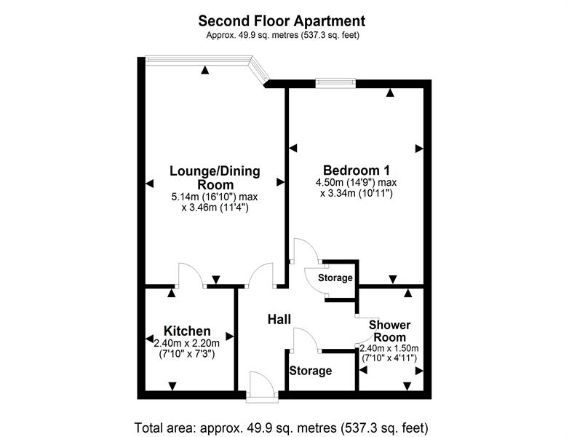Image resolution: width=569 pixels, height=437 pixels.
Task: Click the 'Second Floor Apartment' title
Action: (282, 21)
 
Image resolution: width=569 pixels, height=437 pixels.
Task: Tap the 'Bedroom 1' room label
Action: (357, 170)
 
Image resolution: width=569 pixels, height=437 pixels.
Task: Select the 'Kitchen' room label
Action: (187, 331)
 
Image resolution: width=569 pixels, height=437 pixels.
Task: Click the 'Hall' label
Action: (279, 319)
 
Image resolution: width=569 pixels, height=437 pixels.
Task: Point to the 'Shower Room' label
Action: (390, 331)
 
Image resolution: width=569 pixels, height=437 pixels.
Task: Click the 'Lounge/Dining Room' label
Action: (215, 177)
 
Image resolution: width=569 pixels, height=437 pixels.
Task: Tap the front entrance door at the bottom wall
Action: (262, 387)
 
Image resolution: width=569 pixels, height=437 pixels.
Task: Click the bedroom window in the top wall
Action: (335, 83)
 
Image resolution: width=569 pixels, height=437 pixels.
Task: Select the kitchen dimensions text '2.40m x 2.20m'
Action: (187, 343)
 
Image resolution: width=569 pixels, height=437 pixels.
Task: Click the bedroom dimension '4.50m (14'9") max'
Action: (357, 182)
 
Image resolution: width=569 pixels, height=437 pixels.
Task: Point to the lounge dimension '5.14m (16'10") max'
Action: (215, 197)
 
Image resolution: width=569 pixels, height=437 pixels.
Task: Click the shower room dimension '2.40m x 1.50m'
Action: (389, 348)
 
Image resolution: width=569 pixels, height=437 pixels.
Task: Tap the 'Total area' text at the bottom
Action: (282, 428)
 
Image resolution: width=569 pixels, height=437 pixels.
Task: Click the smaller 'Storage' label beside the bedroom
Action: (335, 278)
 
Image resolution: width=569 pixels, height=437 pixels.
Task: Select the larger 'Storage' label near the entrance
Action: (311, 371)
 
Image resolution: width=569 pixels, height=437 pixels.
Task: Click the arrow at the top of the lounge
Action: (205, 70)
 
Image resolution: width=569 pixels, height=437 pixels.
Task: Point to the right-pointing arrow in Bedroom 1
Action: (419, 148)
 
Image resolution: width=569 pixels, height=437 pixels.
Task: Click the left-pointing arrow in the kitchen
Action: (149, 339)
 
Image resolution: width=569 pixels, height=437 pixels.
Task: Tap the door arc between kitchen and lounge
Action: (191, 275)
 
